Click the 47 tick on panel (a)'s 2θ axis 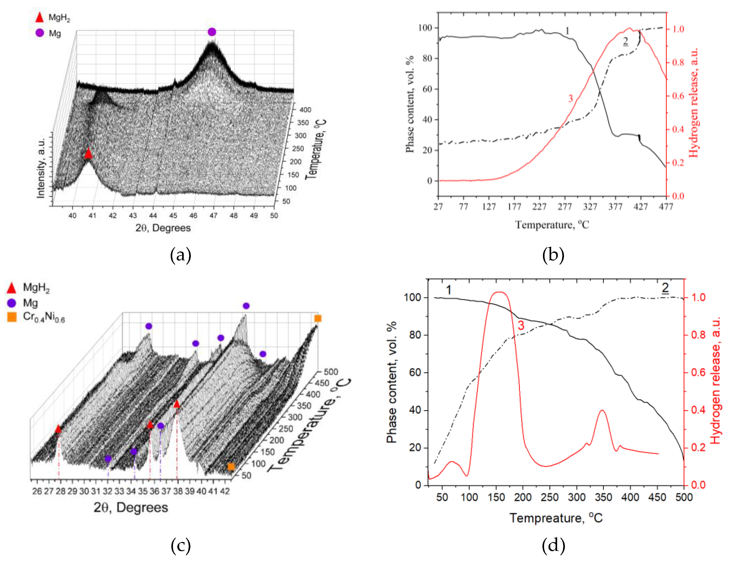coord(213,216)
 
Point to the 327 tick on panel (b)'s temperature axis coord(590,207)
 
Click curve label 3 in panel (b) coord(570,99)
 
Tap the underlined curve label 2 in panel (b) coord(625,41)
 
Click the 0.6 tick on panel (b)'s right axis coord(678,96)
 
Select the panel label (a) coord(181,255)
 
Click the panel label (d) coord(553,545)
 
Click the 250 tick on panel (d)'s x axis coord(550,497)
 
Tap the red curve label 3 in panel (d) coord(521,325)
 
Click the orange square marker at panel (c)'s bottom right coord(231,467)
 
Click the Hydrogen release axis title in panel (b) coord(693,102)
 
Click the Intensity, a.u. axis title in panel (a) coord(41,168)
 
